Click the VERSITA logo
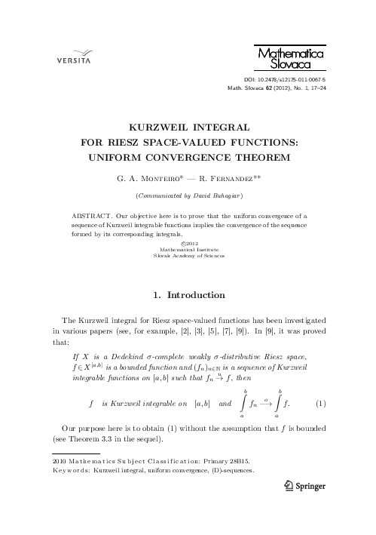pos(69,57)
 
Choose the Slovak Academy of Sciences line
pos(188,257)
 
